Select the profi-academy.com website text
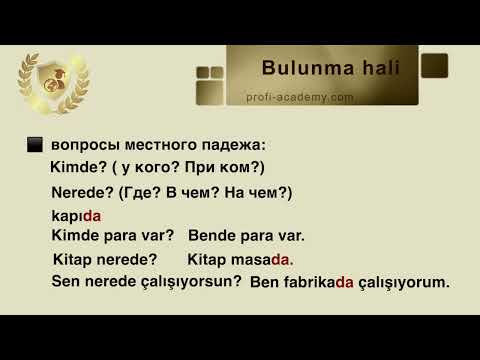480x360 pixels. point(301,97)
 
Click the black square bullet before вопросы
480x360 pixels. point(34,145)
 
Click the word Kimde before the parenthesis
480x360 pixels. point(72,167)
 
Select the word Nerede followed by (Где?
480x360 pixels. point(81,192)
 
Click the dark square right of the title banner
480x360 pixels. point(433,67)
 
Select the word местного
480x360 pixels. point(153,145)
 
